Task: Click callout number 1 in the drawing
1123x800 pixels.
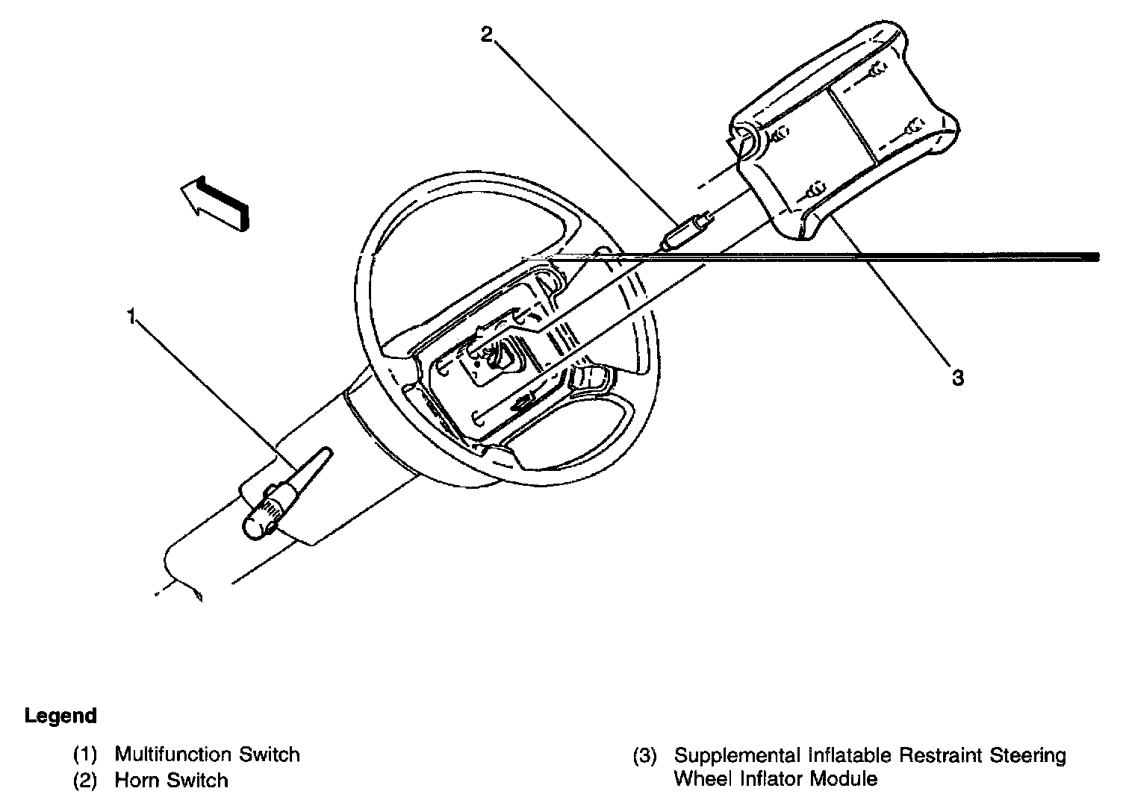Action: pos(131,317)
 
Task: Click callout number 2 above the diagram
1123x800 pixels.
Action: pos(487,34)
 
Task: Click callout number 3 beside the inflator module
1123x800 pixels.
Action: pos(958,378)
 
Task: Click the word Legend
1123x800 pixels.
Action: pos(60,716)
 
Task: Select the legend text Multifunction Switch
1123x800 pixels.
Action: pos(207,754)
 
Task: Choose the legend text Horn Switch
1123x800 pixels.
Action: pos(171,781)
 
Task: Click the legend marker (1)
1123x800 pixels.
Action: pos(85,754)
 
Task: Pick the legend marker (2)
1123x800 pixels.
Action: pos(85,781)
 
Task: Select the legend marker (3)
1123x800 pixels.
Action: pos(645,755)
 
